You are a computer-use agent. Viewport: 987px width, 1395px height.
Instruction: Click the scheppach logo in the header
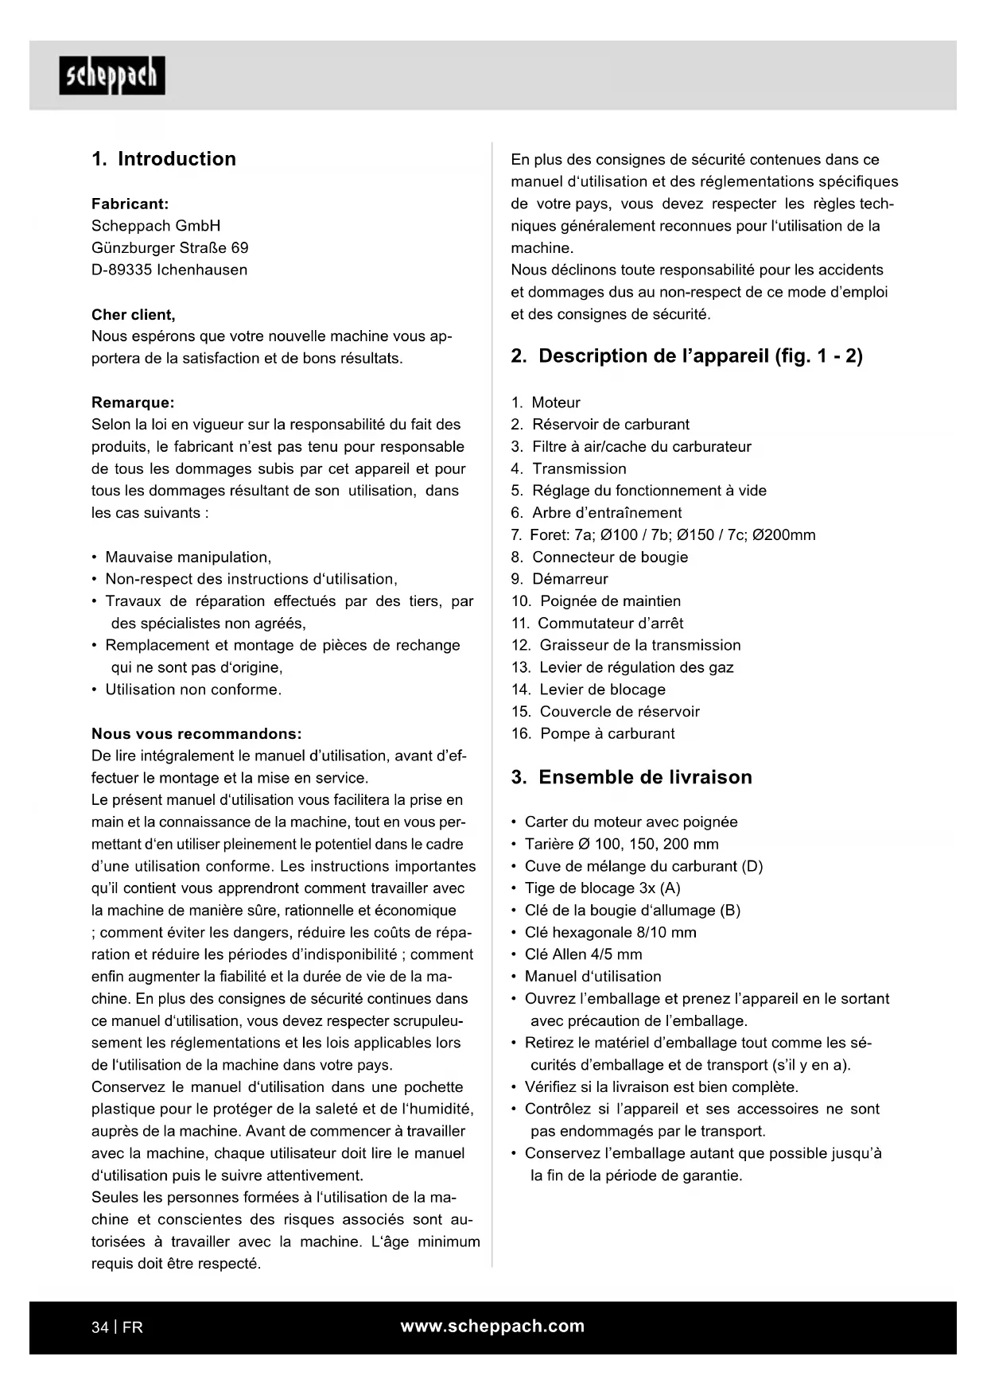112,76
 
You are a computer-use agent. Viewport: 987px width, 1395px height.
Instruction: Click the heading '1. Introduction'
164,159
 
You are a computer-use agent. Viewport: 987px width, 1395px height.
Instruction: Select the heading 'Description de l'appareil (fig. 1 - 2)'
686,356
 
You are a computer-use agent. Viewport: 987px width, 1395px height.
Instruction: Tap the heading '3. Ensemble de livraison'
631,777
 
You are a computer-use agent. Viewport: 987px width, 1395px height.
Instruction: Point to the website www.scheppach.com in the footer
492,1326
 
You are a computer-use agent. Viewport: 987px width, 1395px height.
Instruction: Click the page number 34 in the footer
100,1327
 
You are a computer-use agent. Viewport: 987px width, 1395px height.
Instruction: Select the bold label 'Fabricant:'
130,204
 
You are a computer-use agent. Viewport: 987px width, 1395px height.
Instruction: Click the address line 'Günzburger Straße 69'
169,248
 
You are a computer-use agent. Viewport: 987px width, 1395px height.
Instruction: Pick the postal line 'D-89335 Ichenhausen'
169,270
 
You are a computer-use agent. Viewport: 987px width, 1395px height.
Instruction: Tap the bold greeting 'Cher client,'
134,314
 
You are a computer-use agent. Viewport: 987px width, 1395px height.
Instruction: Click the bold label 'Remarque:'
133,402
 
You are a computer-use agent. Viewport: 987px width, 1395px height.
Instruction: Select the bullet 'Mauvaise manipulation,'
188,557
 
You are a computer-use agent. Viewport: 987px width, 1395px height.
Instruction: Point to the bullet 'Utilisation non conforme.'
193,690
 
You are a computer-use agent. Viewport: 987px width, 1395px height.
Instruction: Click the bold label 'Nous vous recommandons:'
196,733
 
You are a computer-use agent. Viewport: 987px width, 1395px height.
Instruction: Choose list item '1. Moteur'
546,402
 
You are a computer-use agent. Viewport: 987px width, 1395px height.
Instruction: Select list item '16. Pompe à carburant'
593,733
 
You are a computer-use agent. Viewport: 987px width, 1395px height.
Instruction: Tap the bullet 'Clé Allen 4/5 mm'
583,954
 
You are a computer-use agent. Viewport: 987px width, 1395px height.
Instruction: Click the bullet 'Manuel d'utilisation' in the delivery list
593,977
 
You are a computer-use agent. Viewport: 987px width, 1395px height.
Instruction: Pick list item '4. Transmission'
569,468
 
